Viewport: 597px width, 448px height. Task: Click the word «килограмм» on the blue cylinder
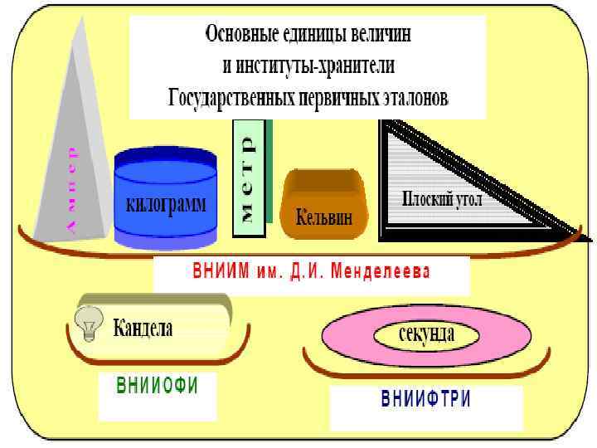pyautogui.click(x=166, y=204)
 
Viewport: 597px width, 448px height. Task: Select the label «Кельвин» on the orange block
pyautogui.click(x=324, y=218)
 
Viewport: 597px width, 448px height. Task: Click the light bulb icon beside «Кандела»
pyautogui.click(x=89, y=322)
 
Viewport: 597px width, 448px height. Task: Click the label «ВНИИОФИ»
pyautogui.click(x=158, y=387)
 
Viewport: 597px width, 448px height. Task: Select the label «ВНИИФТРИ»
pyautogui.click(x=426, y=399)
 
